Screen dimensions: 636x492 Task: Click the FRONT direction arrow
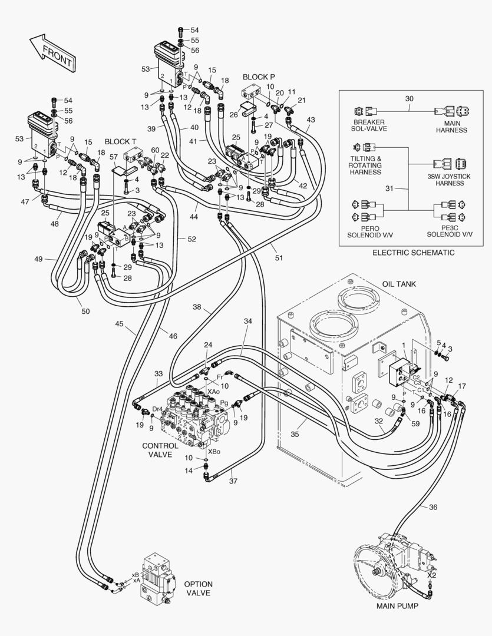[x=52, y=54]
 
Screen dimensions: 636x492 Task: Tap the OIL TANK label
[x=399, y=284]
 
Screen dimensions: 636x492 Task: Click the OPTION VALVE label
[x=198, y=588]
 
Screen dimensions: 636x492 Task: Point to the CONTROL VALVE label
[x=160, y=450]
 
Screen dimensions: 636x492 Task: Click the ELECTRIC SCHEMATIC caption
[x=413, y=253]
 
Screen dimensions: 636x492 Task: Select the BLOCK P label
[x=259, y=77]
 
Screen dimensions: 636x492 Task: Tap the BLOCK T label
[x=120, y=142]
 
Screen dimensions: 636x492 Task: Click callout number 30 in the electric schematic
[x=410, y=100]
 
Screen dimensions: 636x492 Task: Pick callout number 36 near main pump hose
[x=433, y=507]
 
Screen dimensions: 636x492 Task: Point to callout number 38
[x=197, y=307]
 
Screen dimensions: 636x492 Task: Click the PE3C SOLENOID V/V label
[x=450, y=230]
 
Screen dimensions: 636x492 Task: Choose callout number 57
[x=114, y=157]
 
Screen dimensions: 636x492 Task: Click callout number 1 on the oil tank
[x=403, y=344]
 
